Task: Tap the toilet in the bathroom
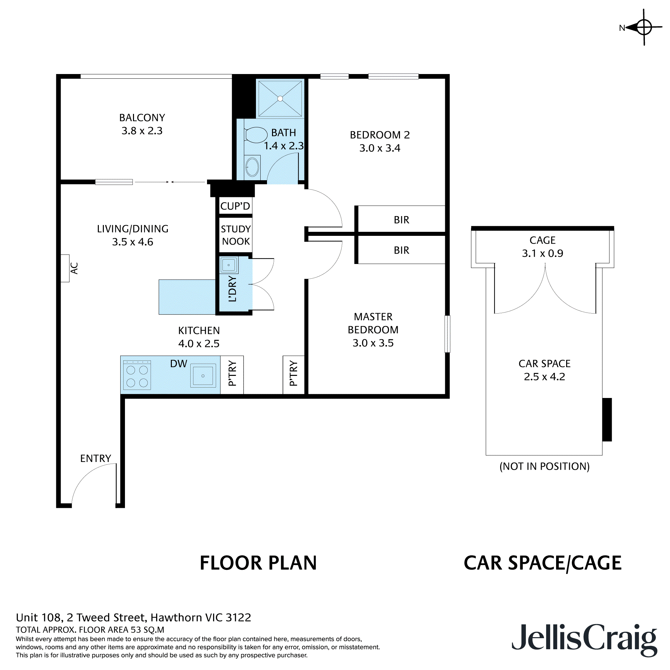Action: [256, 135]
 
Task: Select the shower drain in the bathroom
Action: [280, 99]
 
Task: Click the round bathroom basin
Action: [252, 167]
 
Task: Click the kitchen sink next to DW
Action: [203, 376]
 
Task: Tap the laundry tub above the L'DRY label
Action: [228, 265]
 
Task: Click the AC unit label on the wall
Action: [74, 268]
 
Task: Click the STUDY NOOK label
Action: [236, 235]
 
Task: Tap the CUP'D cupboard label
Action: [235, 206]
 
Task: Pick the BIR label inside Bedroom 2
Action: [402, 220]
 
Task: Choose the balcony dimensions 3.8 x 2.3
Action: [142, 131]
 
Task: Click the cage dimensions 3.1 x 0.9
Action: [542, 253]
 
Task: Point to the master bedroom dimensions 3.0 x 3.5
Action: [373, 343]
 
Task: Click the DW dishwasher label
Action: [179, 363]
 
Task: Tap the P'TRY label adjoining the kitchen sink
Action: [232, 374]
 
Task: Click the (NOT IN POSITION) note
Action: [544, 466]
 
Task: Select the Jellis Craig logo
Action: [584, 640]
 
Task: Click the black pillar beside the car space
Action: [607, 420]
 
